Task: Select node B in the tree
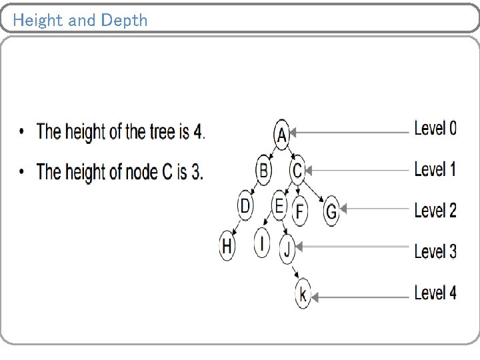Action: click(x=264, y=171)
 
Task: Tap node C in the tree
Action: click(x=297, y=171)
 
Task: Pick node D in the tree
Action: click(x=245, y=206)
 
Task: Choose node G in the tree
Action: click(x=331, y=212)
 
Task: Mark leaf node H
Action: click(x=227, y=246)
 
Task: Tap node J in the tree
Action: click(x=287, y=249)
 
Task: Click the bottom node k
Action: click(x=303, y=293)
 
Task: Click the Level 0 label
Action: click(x=435, y=128)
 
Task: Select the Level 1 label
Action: click(x=435, y=169)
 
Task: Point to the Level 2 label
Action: click(x=435, y=210)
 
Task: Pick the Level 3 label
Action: click(x=435, y=251)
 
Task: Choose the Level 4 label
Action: click(x=435, y=292)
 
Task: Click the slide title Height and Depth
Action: click(x=80, y=20)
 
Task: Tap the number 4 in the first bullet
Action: click(x=197, y=131)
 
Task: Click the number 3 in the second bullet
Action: click(x=196, y=172)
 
